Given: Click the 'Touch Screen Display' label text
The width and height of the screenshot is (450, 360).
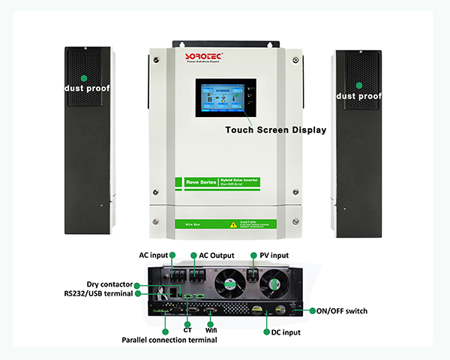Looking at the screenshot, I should pyautogui.click(x=276, y=130).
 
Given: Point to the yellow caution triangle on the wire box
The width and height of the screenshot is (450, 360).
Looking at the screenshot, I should pyautogui.click(x=234, y=224).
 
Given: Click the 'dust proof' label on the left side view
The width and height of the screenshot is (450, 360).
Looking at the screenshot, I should pyautogui.click(x=86, y=87).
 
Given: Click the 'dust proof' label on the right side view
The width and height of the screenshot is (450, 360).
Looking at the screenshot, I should pyautogui.click(x=358, y=96).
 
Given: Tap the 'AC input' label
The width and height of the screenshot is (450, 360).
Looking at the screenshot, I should pyautogui.click(x=154, y=255).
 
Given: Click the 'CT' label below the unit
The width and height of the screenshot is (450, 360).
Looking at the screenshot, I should pyautogui.click(x=187, y=328).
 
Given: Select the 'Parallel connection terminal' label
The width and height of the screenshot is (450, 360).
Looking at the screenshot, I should pyautogui.click(x=169, y=340).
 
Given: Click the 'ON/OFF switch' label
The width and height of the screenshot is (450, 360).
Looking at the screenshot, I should pyautogui.click(x=341, y=310).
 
